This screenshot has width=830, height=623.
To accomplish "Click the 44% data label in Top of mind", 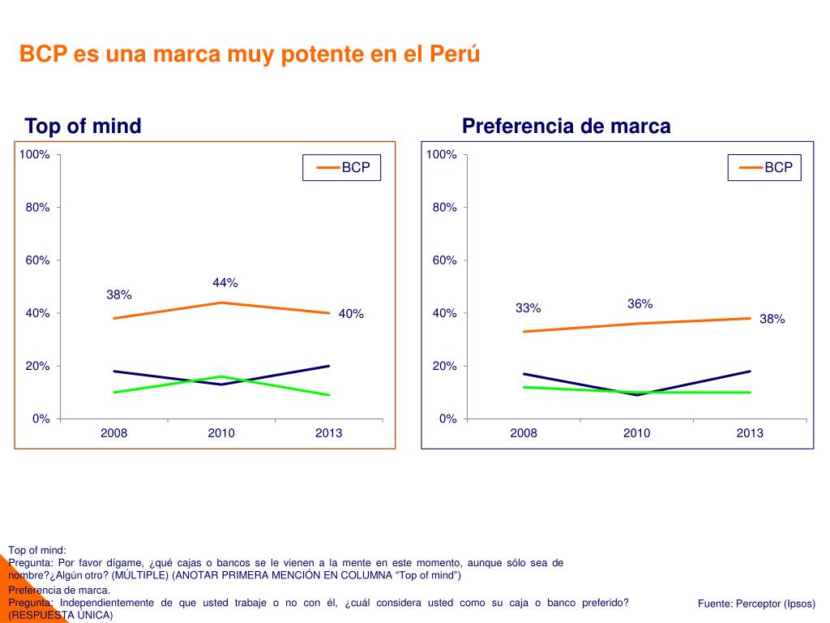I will point(225,283).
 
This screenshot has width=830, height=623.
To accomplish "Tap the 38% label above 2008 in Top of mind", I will point(118,294).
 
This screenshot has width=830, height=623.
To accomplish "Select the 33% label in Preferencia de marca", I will point(528,308).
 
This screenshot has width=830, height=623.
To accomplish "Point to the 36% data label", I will point(640,304).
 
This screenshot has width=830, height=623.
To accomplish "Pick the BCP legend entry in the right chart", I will point(765,167).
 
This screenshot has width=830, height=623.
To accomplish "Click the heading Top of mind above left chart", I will point(83,127).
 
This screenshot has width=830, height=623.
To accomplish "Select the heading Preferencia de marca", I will point(566,127).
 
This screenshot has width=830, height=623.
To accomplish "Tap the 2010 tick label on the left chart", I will point(221,433).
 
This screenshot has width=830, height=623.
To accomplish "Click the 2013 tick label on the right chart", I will point(750,433).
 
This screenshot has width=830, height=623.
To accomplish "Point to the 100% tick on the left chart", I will point(35,154).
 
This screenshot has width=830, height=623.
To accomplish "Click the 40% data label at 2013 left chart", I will point(351,314).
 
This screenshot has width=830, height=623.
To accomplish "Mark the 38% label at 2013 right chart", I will point(772,320).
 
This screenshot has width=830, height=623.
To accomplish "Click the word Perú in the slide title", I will point(455,54).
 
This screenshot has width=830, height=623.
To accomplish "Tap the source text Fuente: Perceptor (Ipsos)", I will point(756,604).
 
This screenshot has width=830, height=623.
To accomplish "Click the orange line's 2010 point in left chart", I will point(222,303).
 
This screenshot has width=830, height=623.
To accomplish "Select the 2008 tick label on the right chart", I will point(524,433).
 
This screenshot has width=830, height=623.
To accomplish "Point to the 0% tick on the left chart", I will point(41,419).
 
